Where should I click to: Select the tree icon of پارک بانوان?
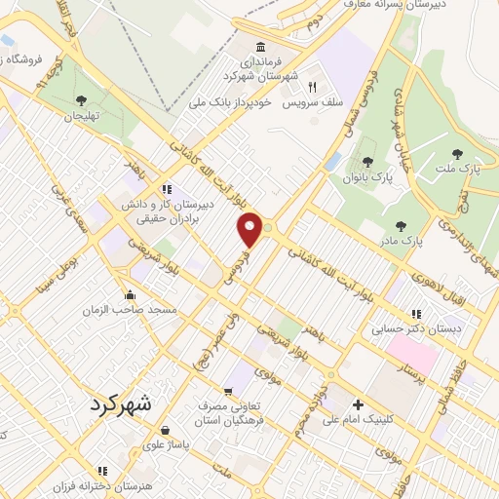(366, 162)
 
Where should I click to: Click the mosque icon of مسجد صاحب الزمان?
(130, 295)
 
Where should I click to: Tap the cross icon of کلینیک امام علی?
(358, 405)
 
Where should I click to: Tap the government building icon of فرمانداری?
(260, 48)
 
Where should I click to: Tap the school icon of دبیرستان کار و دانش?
(167, 189)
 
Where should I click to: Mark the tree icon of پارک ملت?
(457, 153)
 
